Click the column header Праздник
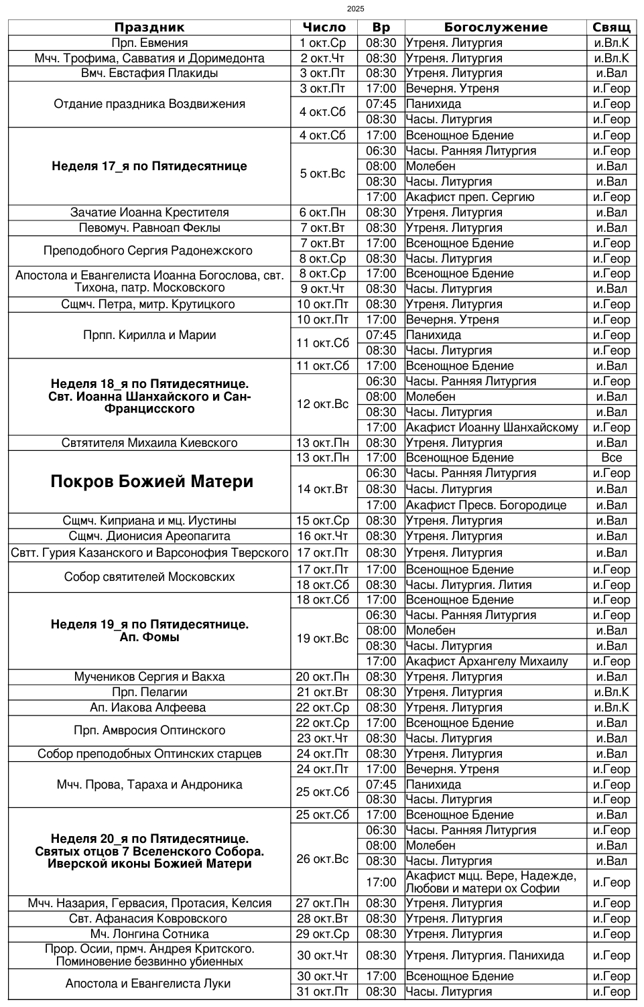click(x=149, y=27)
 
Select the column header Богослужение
click(x=495, y=27)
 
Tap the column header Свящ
click(x=611, y=27)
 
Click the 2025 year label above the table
click(x=356, y=9)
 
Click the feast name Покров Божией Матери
click(x=152, y=482)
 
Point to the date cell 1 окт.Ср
click(x=323, y=43)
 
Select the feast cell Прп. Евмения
click(x=149, y=43)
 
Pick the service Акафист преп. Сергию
click(x=470, y=197)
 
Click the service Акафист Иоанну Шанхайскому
click(x=492, y=427)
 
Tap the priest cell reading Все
click(x=611, y=458)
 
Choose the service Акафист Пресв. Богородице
click(x=486, y=505)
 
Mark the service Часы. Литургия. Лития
click(x=468, y=585)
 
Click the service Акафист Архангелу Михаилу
click(x=487, y=661)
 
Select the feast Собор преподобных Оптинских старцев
click(x=149, y=754)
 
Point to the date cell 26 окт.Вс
click(x=323, y=859)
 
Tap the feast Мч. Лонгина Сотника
click(x=149, y=934)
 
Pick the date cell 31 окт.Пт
click(x=323, y=992)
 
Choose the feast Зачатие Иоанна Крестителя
click(x=149, y=212)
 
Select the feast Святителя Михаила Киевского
click(x=149, y=443)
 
